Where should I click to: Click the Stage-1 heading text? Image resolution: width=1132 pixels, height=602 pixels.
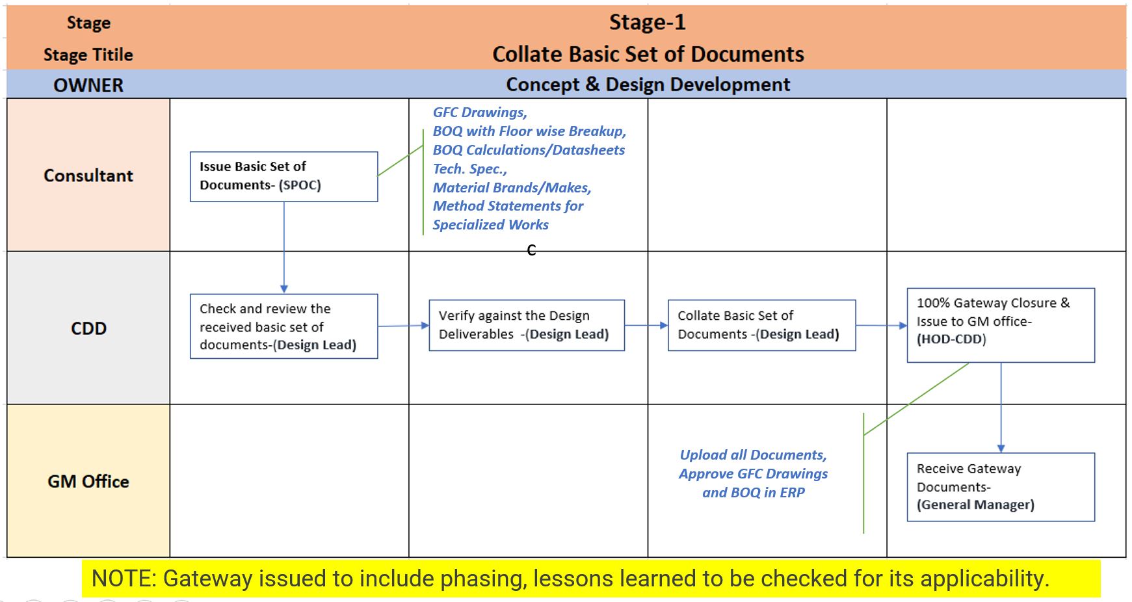[x=647, y=22]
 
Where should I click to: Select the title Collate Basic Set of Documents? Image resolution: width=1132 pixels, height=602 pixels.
[x=648, y=54]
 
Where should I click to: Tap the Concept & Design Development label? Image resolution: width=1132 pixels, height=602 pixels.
[x=648, y=85]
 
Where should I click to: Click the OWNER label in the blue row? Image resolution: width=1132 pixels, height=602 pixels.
[x=88, y=85]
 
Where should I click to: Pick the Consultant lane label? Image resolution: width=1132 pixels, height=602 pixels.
[x=88, y=176]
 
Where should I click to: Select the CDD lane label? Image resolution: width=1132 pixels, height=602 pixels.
[x=88, y=328]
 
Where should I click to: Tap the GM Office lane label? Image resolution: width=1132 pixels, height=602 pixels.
[x=88, y=482]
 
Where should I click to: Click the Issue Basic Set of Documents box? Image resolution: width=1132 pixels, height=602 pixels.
[x=283, y=176]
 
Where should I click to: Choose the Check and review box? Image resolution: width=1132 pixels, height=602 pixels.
[x=283, y=326]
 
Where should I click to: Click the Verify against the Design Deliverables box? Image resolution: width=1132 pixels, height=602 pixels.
[x=526, y=325]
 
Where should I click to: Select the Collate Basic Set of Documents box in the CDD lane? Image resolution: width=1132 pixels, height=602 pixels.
[x=761, y=325]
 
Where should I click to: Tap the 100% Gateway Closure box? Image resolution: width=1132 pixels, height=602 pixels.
[x=1001, y=325]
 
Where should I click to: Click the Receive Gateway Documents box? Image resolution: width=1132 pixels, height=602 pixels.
[x=1001, y=487]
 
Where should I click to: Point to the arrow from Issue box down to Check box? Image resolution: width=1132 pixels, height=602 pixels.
[x=284, y=247]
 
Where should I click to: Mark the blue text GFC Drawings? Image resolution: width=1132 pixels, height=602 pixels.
[x=480, y=112]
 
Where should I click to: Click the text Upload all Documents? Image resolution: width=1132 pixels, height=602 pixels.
[x=753, y=455]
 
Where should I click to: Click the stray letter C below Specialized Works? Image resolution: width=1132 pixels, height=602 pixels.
[x=531, y=250]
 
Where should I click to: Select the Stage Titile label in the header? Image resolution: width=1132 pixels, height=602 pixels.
[x=88, y=55]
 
